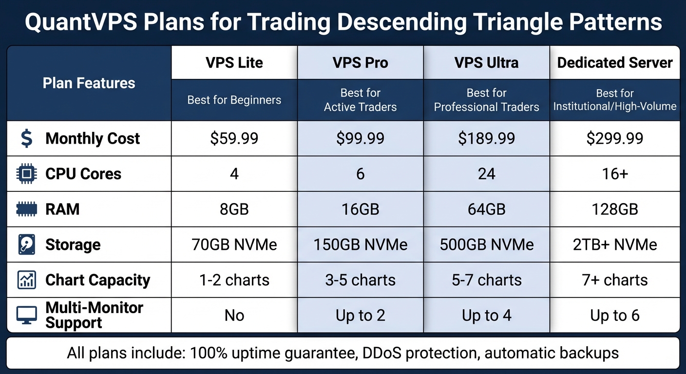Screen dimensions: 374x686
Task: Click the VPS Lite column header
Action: [234, 63]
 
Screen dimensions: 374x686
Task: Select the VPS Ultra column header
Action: [486, 63]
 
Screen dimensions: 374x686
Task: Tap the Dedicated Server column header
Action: [615, 63]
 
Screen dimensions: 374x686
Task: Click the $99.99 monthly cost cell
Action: [360, 138]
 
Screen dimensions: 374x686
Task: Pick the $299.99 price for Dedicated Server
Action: [615, 138]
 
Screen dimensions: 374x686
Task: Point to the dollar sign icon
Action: [26, 138]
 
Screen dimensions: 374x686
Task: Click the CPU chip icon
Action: [26, 174]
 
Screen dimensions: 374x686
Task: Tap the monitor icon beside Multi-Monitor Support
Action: [26, 316]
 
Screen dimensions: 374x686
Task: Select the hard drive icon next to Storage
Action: [26, 244]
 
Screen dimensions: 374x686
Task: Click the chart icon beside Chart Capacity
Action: [26, 280]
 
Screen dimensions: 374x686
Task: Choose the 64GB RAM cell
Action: [486, 209]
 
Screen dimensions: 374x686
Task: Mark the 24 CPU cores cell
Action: [486, 174]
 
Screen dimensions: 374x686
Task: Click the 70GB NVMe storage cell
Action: [234, 244]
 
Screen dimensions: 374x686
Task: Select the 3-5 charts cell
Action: [360, 280]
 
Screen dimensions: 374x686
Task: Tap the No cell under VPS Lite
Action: [234, 316]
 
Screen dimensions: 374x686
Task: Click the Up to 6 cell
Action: [615, 316]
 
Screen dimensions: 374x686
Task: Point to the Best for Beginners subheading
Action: [234, 100]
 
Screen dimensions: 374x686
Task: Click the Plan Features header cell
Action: [89, 83]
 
